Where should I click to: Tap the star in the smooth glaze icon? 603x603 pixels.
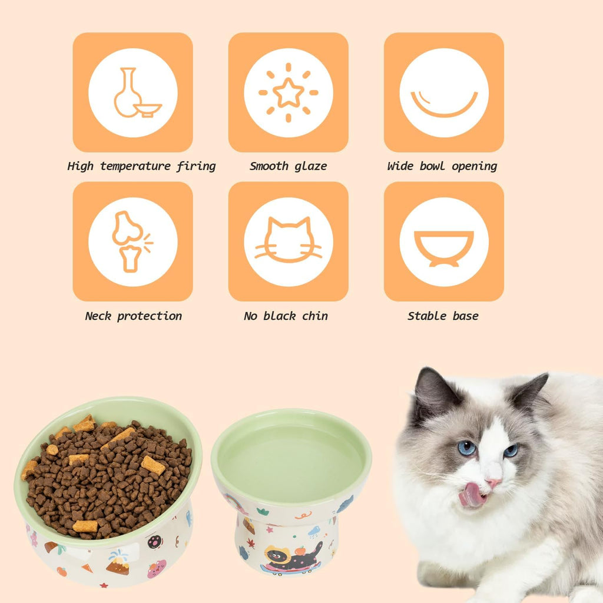(289, 92)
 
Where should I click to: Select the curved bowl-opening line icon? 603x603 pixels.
(444, 104)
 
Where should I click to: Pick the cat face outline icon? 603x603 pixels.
(289, 241)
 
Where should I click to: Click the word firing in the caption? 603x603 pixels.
(197, 167)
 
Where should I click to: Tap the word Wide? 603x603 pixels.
(400, 167)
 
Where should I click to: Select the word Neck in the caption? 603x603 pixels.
(98, 316)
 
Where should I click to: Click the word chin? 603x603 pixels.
(315, 316)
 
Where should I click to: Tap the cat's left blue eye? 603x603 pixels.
(467, 448)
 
